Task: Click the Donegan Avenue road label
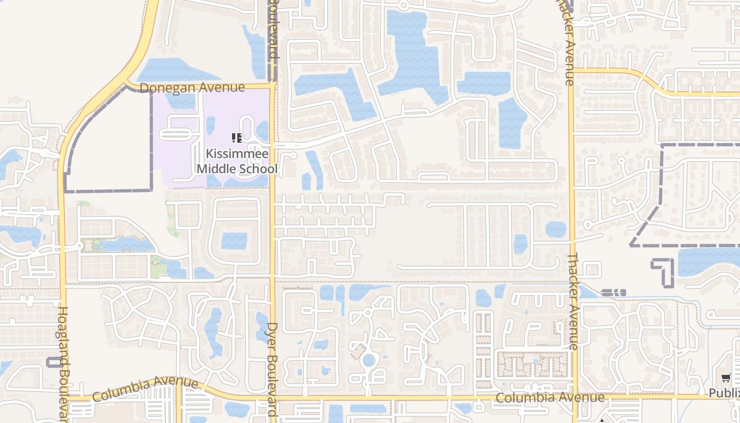tap(192, 87)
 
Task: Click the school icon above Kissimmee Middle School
tap(236, 139)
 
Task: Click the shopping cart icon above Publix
tap(726, 378)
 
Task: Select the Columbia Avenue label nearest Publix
tap(550, 397)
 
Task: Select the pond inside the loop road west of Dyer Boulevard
tap(234, 241)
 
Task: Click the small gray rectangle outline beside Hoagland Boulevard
tap(54, 362)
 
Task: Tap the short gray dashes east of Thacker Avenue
tap(613, 292)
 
